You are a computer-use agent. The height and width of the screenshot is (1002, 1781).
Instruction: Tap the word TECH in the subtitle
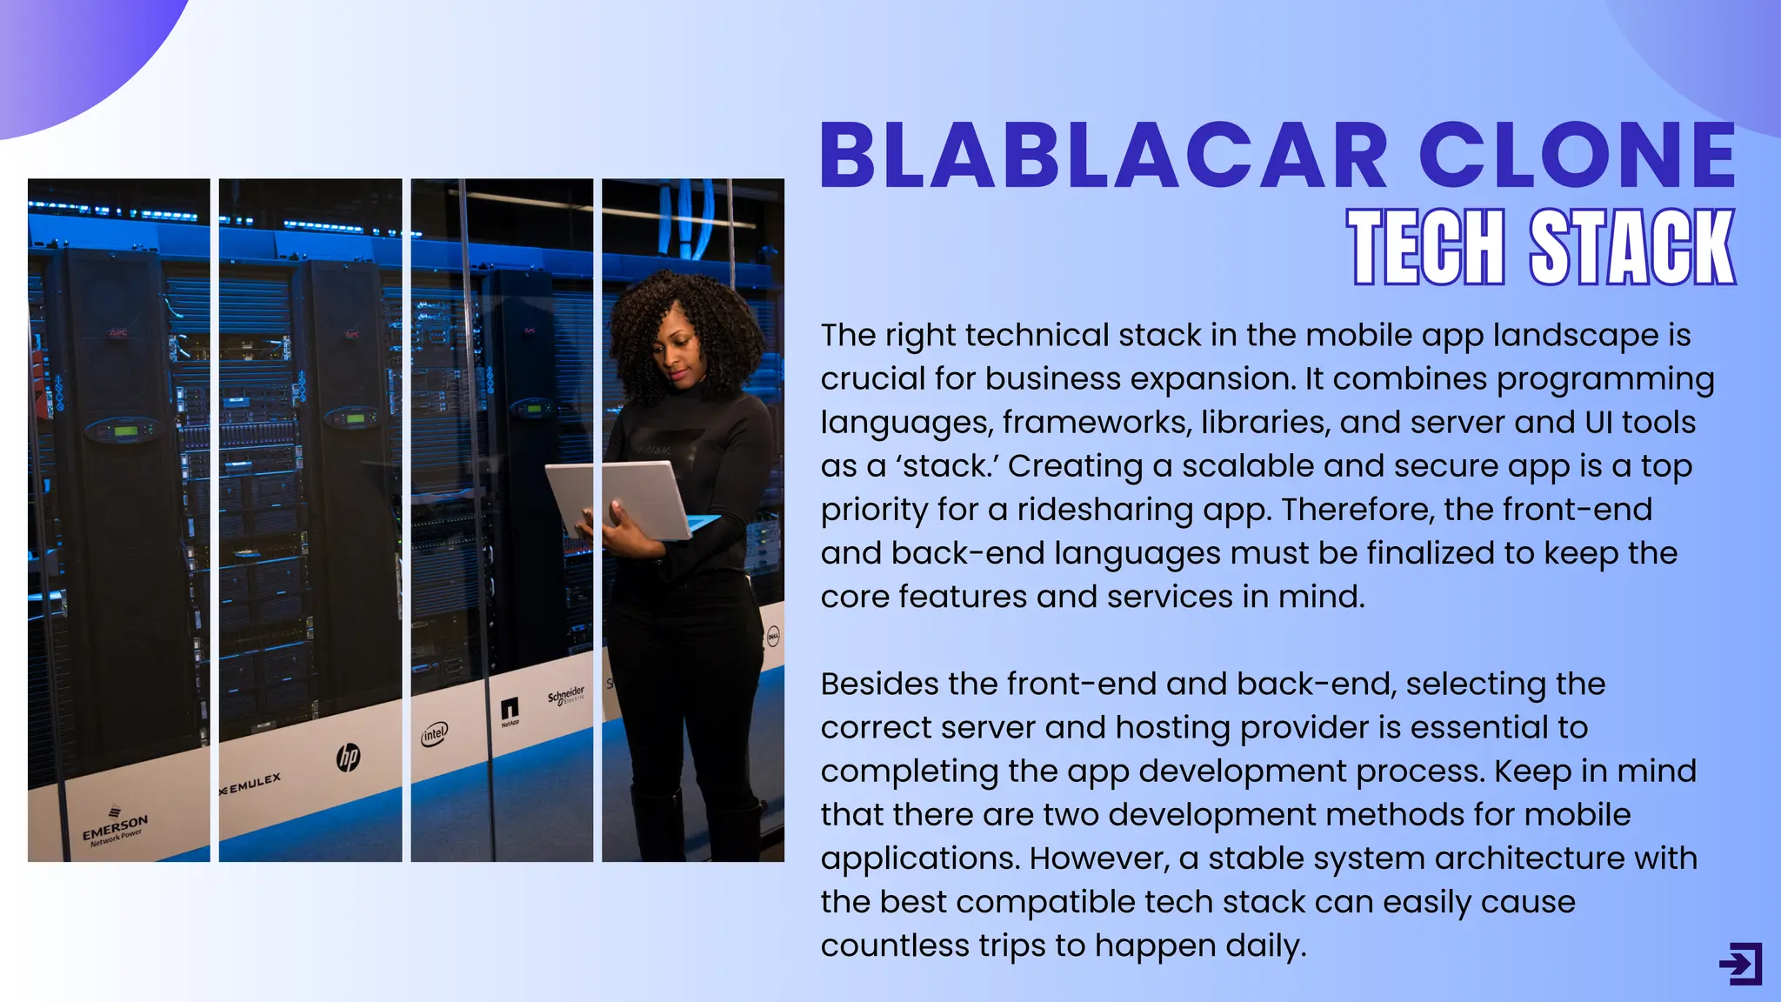click(1426, 247)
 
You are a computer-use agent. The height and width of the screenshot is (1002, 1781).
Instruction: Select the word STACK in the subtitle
click(1632, 247)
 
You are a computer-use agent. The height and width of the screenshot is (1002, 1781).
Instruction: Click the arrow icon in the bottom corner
click(1740, 964)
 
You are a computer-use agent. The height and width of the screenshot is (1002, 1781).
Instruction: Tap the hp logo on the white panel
click(348, 757)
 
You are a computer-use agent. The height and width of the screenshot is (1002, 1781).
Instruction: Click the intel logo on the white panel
click(434, 733)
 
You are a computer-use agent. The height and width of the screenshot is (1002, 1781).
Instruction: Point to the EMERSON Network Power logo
click(115, 828)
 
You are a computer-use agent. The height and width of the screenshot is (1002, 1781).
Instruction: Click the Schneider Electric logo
click(566, 697)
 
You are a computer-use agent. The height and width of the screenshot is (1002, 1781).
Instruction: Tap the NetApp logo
click(510, 711)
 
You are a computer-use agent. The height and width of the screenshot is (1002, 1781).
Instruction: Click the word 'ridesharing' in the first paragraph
click(1104, 510)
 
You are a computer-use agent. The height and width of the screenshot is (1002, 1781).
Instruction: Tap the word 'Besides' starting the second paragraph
click(879, 684)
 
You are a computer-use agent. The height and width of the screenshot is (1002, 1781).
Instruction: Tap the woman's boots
click(696, 826)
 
